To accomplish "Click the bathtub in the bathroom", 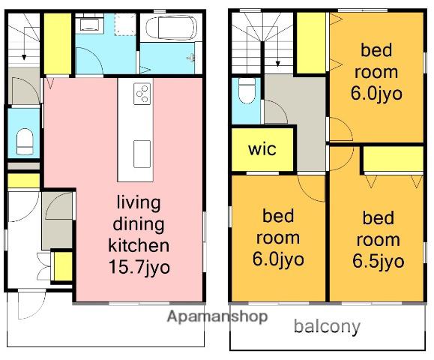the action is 172,28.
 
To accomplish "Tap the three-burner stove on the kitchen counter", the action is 142,94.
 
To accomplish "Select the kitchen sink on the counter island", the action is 142,154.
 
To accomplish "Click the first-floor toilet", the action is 25,141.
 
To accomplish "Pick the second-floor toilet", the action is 247,90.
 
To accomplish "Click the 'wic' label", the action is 262,149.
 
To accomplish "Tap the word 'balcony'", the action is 327,327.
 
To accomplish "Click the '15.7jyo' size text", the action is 139,267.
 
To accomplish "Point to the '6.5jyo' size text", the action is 378,261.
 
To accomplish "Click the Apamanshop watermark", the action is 217,316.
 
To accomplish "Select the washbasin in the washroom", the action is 88,24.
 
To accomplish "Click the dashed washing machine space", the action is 125,24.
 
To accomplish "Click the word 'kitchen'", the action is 139,245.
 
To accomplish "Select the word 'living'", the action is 139,203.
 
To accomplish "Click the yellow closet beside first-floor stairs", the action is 58,43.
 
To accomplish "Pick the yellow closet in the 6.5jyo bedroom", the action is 393,159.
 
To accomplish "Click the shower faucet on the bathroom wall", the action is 190,58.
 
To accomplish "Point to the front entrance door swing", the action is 31,304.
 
